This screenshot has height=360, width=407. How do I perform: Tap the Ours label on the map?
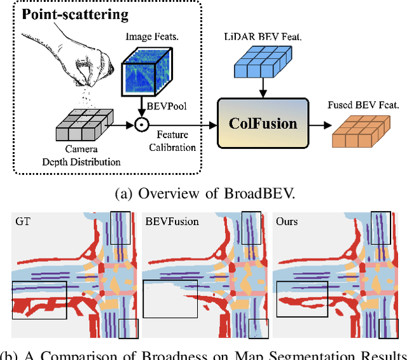pyautogui.click(x=287, y=222)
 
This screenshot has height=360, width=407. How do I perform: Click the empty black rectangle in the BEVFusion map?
pyautogui.click(x=170, y=299)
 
